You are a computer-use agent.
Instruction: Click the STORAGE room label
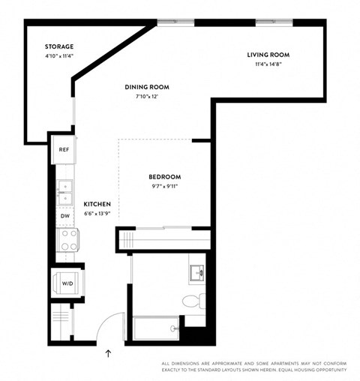(x=59, y=46)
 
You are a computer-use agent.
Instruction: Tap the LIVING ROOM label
(x=268, y=55)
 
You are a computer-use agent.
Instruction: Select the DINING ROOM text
(x=146, y=87)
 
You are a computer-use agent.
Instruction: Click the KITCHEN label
(x=97, y=204)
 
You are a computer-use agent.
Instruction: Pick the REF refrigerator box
(x=64, y=149)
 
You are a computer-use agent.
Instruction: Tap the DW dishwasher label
(x=64, y=216)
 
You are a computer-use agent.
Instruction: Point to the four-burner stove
(x=69, y=240)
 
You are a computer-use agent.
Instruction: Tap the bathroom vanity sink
(x=196, y=271)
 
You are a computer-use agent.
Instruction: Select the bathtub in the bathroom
(x=156, y=328)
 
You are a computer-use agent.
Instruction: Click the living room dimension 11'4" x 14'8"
(x=268, y=64)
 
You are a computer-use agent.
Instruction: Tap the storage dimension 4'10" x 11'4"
(x=59, y=55)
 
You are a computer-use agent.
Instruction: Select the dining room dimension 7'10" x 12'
(x=146, y=96)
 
